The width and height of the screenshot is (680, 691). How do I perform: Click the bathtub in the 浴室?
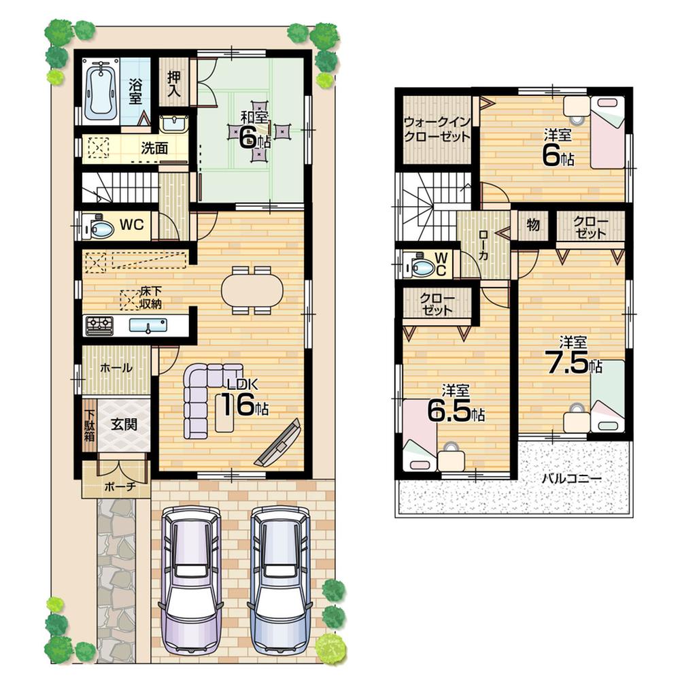click(101, 90)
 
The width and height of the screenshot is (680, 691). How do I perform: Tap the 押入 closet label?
click(173, 84)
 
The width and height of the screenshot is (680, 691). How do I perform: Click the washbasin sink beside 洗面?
click(174, 124)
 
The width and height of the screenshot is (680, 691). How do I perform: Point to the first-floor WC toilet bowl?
click(99, 229)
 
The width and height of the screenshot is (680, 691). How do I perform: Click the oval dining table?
click(252, 291)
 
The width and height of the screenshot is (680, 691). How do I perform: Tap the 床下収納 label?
click(151, 298)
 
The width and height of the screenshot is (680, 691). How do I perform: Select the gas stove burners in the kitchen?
click(99, 326)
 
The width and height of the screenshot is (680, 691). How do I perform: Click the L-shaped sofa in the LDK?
click(201, 394)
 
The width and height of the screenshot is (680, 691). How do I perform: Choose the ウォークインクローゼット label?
click(436, 130)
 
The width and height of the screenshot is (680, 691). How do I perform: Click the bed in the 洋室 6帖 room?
click(607, 131)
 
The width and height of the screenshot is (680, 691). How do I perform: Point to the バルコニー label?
click(571, 478)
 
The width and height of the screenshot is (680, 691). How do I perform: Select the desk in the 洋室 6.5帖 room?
click(451, 460)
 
